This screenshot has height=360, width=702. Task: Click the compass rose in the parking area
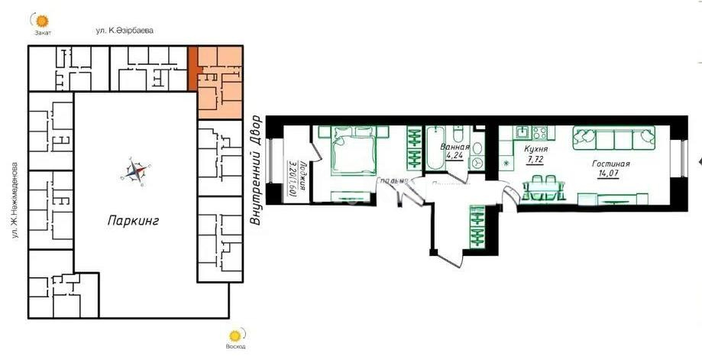(x=137, y=172)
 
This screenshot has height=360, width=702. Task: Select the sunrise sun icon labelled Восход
(x=236, y=335)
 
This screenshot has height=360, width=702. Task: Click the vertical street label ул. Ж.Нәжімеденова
(x=15, y=199)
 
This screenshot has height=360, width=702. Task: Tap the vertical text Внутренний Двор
(x=256, y=170)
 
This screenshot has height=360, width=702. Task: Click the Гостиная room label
(x=611, y=164)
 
